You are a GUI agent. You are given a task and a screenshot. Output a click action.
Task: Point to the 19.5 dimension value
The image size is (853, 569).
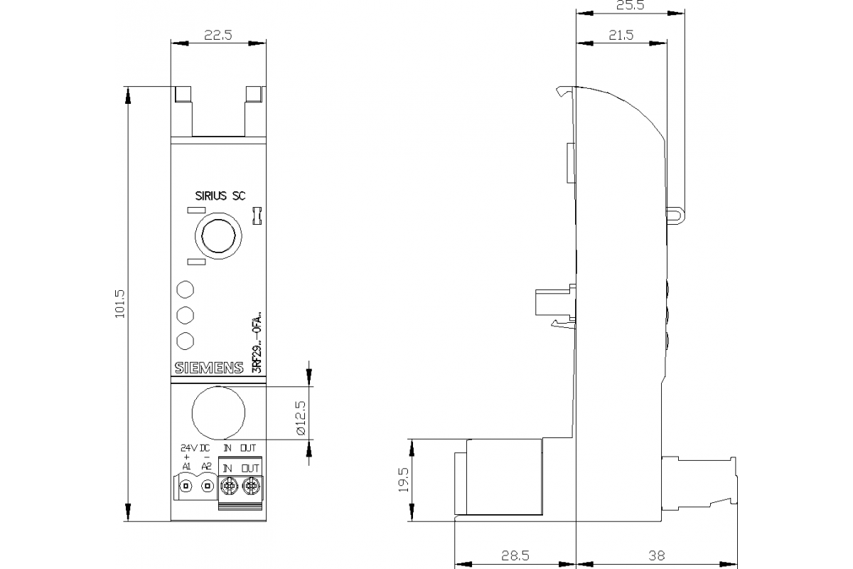(403, 480)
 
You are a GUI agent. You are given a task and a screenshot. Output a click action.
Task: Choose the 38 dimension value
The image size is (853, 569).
(657, 554)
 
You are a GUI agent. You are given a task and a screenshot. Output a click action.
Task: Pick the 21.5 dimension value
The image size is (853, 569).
(621, 36)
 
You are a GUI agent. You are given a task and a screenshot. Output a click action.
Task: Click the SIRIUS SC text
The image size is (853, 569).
(220, 196)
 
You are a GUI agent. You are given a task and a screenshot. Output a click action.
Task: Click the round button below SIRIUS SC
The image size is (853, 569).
(219, 235)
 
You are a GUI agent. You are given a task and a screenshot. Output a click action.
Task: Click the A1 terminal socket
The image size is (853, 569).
(186, 486)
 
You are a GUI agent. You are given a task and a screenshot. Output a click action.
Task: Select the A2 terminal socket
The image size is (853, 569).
(207, 486)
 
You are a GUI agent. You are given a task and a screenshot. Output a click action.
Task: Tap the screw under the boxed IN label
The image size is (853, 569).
(229, 486)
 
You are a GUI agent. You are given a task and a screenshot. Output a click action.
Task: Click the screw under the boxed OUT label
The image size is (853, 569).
(250, 486)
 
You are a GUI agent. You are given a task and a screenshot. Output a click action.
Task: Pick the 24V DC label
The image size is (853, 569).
(194, 448)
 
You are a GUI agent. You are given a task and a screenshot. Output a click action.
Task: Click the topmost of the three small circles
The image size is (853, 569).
(185, 289)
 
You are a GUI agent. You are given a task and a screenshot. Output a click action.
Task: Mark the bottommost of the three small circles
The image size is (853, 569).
(185, 341)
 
